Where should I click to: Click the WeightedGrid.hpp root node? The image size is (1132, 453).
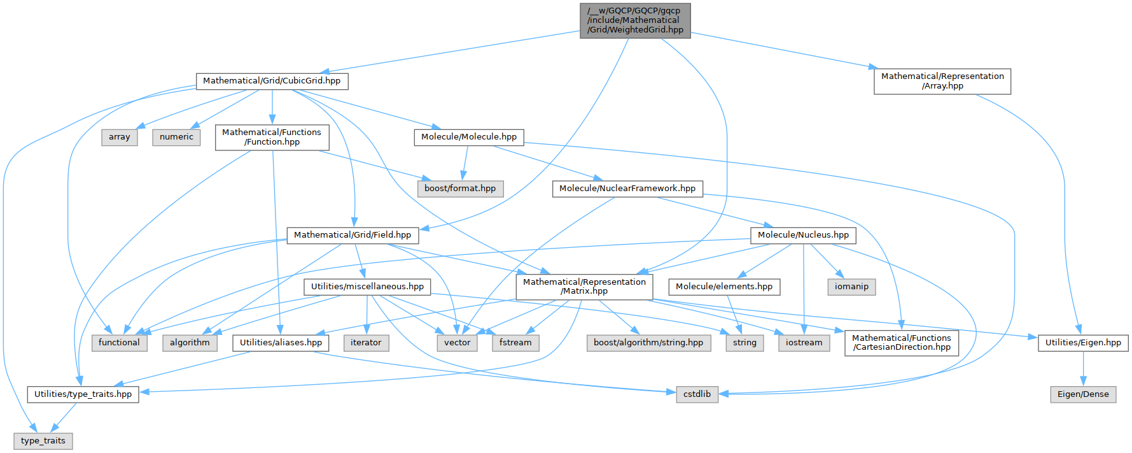pos(635,20)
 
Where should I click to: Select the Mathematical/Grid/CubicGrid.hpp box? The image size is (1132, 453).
pos(272,81)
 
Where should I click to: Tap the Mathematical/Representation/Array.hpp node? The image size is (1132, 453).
pos(942,81)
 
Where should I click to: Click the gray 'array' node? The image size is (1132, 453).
pos(119,137)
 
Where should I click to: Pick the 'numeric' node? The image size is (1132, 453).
pos(176,137)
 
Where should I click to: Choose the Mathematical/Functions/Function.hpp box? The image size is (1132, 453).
pos(272,137)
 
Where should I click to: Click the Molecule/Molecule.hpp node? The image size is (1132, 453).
pos(469,137)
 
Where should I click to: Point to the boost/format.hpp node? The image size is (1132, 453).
pos(460,189)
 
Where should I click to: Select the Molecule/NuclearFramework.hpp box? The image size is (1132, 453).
pos(627,189)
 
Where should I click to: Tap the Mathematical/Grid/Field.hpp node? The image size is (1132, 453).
pos(353,235)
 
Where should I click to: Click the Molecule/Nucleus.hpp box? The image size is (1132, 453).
pos(803,235)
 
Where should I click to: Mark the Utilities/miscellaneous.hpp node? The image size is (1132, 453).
pos(367,287)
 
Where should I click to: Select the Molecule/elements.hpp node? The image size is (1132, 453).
pos(724,287)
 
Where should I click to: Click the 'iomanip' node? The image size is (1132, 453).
pos(851,287)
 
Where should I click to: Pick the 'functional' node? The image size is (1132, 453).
pos(119,343)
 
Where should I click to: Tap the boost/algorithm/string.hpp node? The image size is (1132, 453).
pos(648,343)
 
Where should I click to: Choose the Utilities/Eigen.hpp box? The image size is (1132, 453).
pos(1083,343)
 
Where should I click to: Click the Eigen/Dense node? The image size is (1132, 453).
pos(1083,394)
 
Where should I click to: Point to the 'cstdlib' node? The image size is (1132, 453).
pos(697,394)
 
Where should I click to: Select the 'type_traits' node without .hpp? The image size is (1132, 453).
pos(43,441)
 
